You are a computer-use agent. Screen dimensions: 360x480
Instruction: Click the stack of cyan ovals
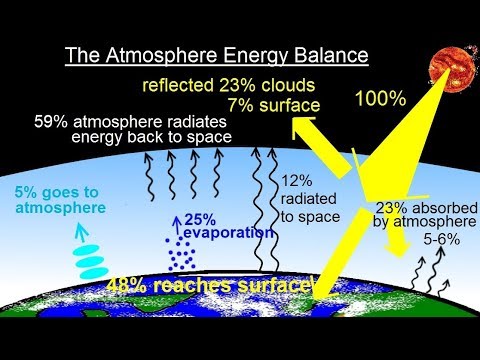click(91, 258)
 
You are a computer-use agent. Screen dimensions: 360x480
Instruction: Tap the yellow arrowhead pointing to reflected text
click(300, 128)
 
